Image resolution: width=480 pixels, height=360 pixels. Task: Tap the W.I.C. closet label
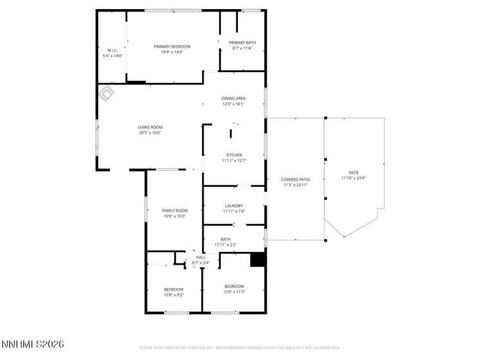(112, 51)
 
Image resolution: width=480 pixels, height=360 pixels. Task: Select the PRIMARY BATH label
(242, 42)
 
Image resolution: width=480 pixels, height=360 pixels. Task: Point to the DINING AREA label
(234, 98)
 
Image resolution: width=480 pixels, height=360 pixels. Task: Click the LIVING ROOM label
(149, 127)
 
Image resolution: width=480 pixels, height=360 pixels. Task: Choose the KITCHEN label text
(233, 155)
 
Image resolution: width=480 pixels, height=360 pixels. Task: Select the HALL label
(200, 257)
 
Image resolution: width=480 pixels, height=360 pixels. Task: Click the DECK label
(353, 172)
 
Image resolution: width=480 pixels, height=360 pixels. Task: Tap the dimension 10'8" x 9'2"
(173, 294)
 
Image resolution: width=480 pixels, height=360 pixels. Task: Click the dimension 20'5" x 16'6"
(149, 133)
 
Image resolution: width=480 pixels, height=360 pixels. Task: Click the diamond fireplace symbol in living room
(106, 94)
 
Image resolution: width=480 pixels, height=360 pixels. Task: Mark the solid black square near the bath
(257, 258)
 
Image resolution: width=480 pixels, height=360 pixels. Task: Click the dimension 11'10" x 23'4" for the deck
(353, 178)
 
